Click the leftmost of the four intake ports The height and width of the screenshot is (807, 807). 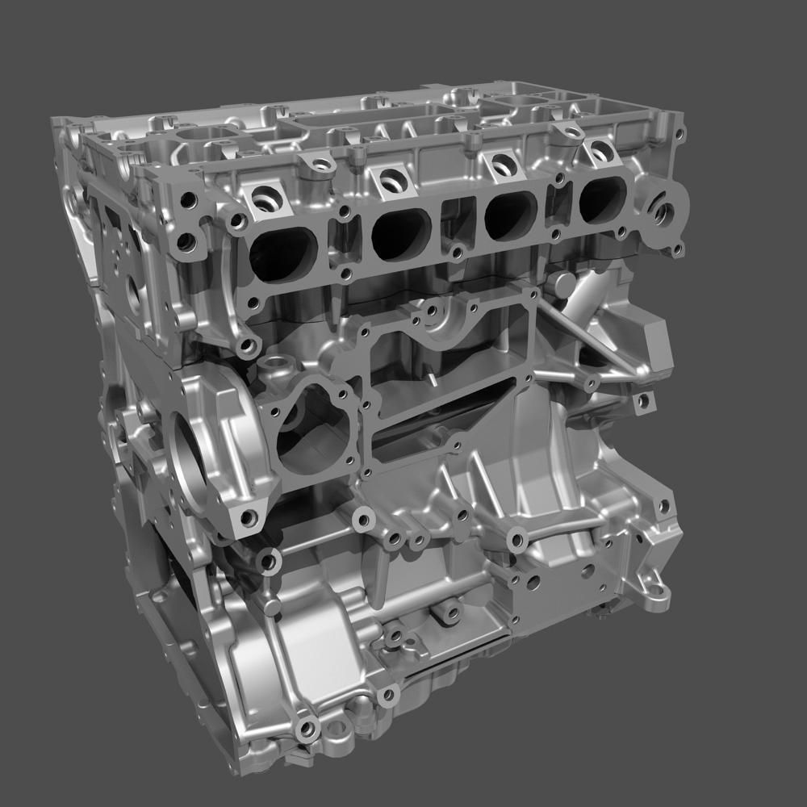click(x=283, y=253)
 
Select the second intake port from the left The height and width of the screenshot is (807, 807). click(x=401, y=235)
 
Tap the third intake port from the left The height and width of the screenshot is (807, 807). click(x=511, y=215)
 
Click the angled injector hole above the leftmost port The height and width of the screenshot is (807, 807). click(x=266, y=198)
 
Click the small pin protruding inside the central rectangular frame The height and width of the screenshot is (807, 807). click(x=433, y=378)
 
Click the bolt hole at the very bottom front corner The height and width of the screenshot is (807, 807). click(x=307, y=730)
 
